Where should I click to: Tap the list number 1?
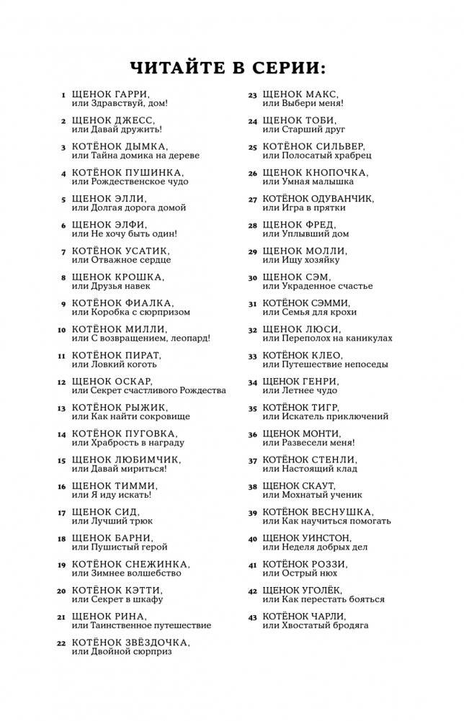pos(64,95)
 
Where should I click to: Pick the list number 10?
pos(62,329)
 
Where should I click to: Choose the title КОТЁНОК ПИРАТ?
pos(117,355)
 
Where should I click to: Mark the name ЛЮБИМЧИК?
pos(148,460)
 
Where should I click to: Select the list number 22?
pos(62,642)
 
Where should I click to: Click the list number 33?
pos(252,356)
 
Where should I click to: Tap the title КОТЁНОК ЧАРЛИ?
pos(304,617)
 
